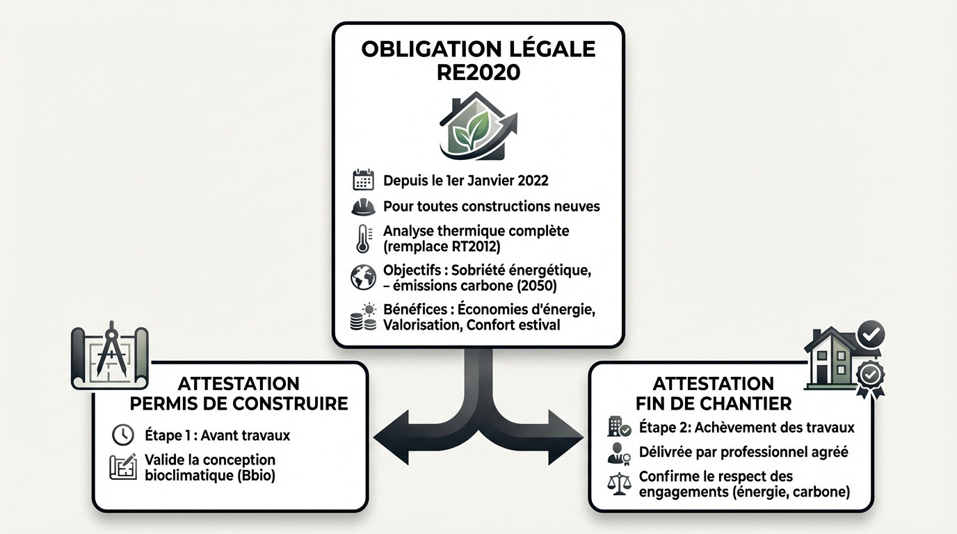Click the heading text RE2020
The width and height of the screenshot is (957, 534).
click(478, 73)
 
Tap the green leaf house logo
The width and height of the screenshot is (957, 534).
click(478, 127)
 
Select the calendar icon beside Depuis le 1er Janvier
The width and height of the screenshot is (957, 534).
click(363, 181)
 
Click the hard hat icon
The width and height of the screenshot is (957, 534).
click(363, 207)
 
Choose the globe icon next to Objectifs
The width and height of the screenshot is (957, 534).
click(363, 277)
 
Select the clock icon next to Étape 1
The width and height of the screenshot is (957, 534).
click(122, 435)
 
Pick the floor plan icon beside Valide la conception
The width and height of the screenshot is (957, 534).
click(123, 467)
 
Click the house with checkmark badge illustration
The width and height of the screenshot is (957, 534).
click(844, 356)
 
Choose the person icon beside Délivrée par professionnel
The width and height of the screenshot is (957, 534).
click(619, 453)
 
